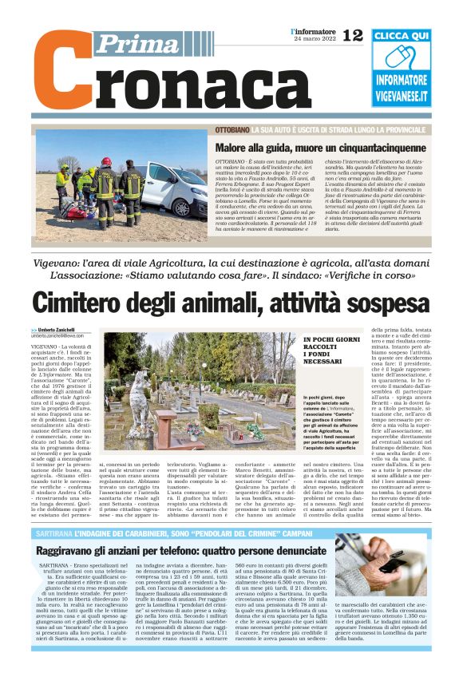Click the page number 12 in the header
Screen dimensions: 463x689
[352, 34]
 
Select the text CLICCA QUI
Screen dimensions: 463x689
[401, 36]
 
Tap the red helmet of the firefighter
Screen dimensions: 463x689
[106, 162]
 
